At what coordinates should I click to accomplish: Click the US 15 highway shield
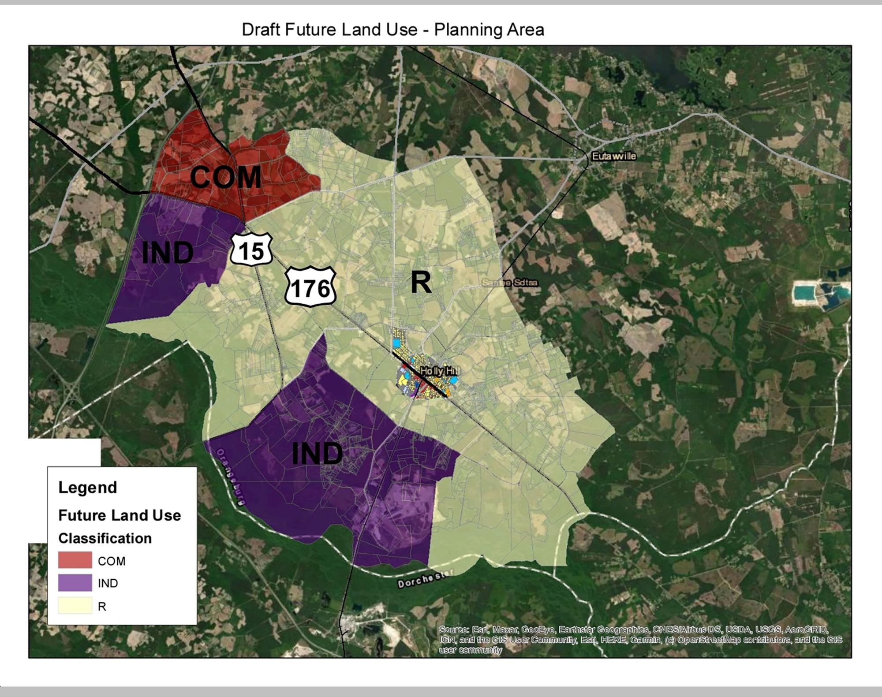click(251, 250)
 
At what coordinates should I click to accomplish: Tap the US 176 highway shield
click(310, 287)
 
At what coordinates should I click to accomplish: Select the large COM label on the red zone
click(225, 177)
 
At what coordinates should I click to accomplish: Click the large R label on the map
click(421, 283)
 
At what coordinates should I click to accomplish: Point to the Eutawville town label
click(614, 156)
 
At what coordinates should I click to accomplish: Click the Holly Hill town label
click(439, 371)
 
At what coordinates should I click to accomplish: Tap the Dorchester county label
click(425, 579)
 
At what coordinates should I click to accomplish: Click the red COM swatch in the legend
click(75, 560)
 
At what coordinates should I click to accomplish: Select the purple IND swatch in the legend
click(75, 583)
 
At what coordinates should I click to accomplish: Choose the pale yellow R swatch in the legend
click(75, 606)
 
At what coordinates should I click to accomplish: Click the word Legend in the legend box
click(88, 488)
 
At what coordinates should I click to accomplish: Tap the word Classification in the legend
click(105, 538)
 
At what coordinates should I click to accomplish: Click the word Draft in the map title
click(261, 30)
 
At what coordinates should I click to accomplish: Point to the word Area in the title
click(525, 30)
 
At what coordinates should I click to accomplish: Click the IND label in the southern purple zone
click(317, 454)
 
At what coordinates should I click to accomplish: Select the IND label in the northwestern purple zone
click(167, 253)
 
